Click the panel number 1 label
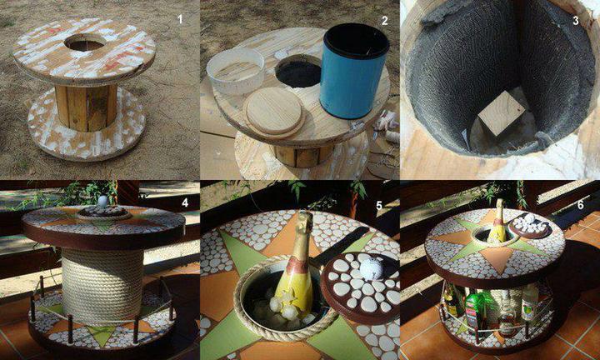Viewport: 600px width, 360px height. click(x=180, y=19)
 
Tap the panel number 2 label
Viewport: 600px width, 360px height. click(x=385, y=20)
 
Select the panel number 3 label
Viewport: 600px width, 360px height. click(x=576, y=20)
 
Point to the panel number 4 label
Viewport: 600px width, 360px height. click(x=185, y=202)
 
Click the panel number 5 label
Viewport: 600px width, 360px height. click(x=379, y=206)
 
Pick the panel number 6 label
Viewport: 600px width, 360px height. click(x=581, y=205)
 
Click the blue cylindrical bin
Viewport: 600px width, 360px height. click(x=354, y=71)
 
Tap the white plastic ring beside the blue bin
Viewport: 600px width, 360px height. click(x=235, y=71)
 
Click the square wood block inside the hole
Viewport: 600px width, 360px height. click(x=502, y=113)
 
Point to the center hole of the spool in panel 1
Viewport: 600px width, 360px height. click(x=85, y=42)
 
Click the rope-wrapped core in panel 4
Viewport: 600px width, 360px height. click(x=102, y=285)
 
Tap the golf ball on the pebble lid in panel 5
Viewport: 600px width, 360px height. click(x=371, y=268)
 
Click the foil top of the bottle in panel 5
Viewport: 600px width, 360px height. click(x=305, y=226)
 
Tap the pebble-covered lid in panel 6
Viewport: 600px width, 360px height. click(x=530, y=226)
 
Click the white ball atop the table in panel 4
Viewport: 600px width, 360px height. click(x=103, y=202)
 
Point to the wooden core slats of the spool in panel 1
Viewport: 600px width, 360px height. click(x=86, y=107)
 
